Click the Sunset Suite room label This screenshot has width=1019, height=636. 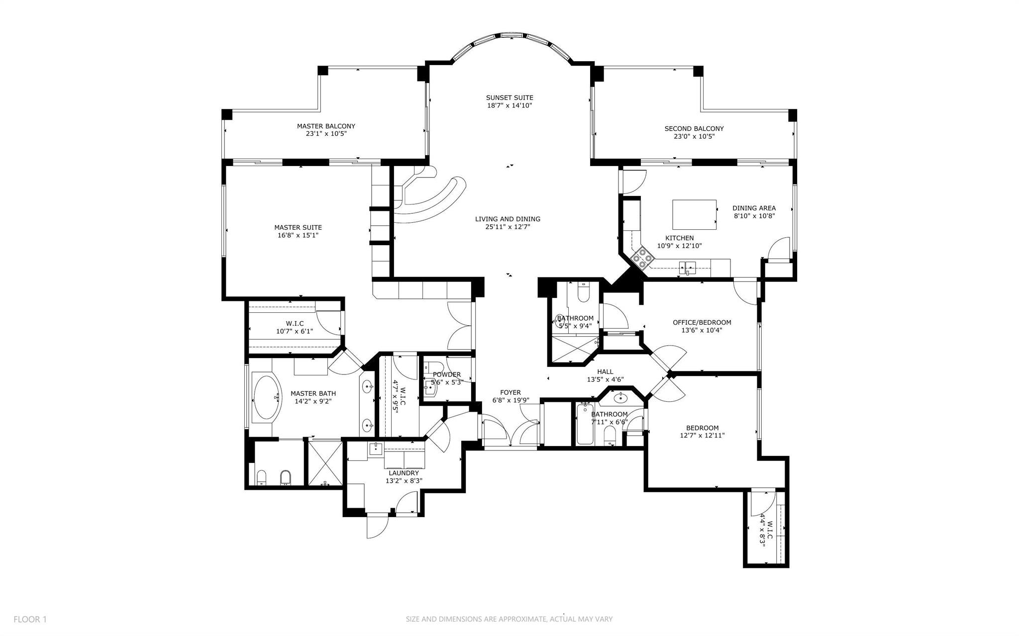pos(509,98)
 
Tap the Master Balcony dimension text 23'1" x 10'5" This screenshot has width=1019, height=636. pos(326,134)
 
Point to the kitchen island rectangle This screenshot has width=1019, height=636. pos(694,214)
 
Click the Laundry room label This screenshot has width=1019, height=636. pos(404,473)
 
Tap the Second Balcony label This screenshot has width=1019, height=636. pos(694,129)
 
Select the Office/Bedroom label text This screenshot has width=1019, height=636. pos(702,322)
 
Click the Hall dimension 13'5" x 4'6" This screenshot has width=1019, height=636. pos(605,379)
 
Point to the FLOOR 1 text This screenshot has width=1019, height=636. pos(30,619)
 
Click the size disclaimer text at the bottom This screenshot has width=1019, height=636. pos(509,619)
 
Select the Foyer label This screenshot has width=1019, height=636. pos(510,392)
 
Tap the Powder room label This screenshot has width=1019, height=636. pos(446,374)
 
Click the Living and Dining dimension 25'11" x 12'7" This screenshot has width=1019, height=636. pos(508,227)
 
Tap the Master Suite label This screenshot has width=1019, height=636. pos(298,228)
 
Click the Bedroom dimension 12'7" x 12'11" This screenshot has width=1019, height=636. pos(702,436)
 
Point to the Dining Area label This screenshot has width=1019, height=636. pos(754,208)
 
